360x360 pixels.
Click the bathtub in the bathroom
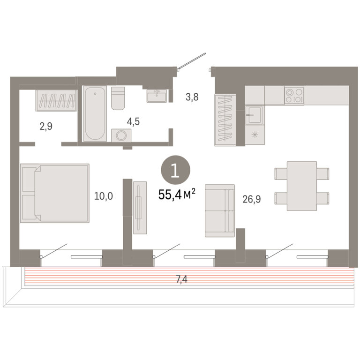click(x=95, y=113)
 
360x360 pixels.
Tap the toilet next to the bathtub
click(x=118, y=98)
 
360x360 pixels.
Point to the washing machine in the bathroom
click(x=121, y=135)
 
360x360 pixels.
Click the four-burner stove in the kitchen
click(x=294, y=96)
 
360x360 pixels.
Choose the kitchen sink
click(x=255, y=115)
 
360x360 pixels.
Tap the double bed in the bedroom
click(x=55, y=193)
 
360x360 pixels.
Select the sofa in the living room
click(x=220, y=210)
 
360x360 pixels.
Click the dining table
click(x=302, y=186)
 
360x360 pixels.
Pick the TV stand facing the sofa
click(x=140, y=208)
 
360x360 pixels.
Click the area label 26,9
click(x=252, y=199)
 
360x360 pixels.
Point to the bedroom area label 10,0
click(x=104, y=196)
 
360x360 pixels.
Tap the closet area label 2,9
click(x=46, y=126)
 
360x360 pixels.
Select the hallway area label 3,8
click(x=192, y=97)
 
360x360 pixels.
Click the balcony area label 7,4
click(x=181, y=279)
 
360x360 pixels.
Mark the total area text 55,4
click(x=170, y=195)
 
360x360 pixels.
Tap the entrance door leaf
click(x=192, y=60)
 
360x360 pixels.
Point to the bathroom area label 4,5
click(x=133, y=122)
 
